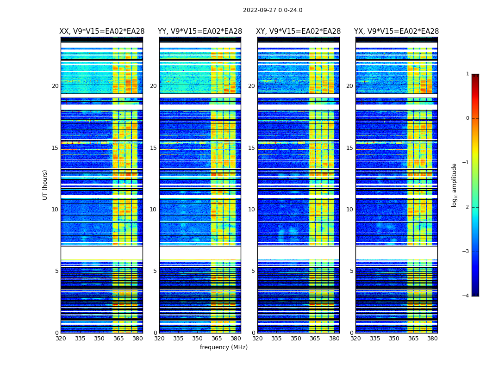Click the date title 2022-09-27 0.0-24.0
[273, 10]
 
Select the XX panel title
[102, 31]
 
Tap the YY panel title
[200, 31]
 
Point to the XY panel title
[299, 31]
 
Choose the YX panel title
[397, 31]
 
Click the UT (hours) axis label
[45, 185]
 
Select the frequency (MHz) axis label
[224, 347]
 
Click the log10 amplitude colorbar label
[455, 185]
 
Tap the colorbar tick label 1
[467, 74]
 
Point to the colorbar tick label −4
[466, 296]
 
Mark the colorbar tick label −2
[466, 207]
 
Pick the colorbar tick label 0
[467, 118]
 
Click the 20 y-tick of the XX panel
[55, 86]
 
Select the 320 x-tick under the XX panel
[61, 339]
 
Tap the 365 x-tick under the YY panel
[217, 339]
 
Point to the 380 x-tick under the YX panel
[432, 339]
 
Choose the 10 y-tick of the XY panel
[251, 210]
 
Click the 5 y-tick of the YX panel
[351, 271]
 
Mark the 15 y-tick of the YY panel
[153, 148]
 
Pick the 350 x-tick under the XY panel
[296, 339]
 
